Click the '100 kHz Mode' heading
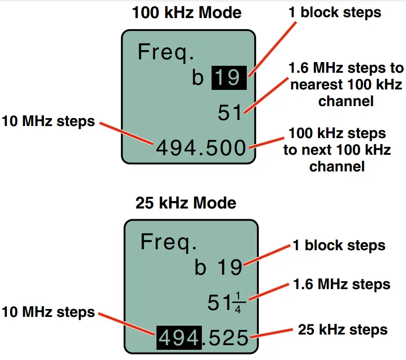(x=187, y=13)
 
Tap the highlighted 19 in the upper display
(x=229, y=77)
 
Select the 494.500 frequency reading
(x=200, y=148)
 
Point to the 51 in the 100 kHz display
(x=230, y=113)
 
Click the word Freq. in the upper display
(x=166, y=52)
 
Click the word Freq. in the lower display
(x=169, y=242)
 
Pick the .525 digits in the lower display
(x=226, y=338)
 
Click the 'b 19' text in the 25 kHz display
(x=219, y=268)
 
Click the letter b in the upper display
(x=198, y=78)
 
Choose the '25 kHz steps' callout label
(x=343, y=330)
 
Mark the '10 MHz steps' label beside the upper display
(x=48, y=122)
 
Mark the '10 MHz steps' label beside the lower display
(x=48, y=312)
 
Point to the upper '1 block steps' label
(x=335, y=13)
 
